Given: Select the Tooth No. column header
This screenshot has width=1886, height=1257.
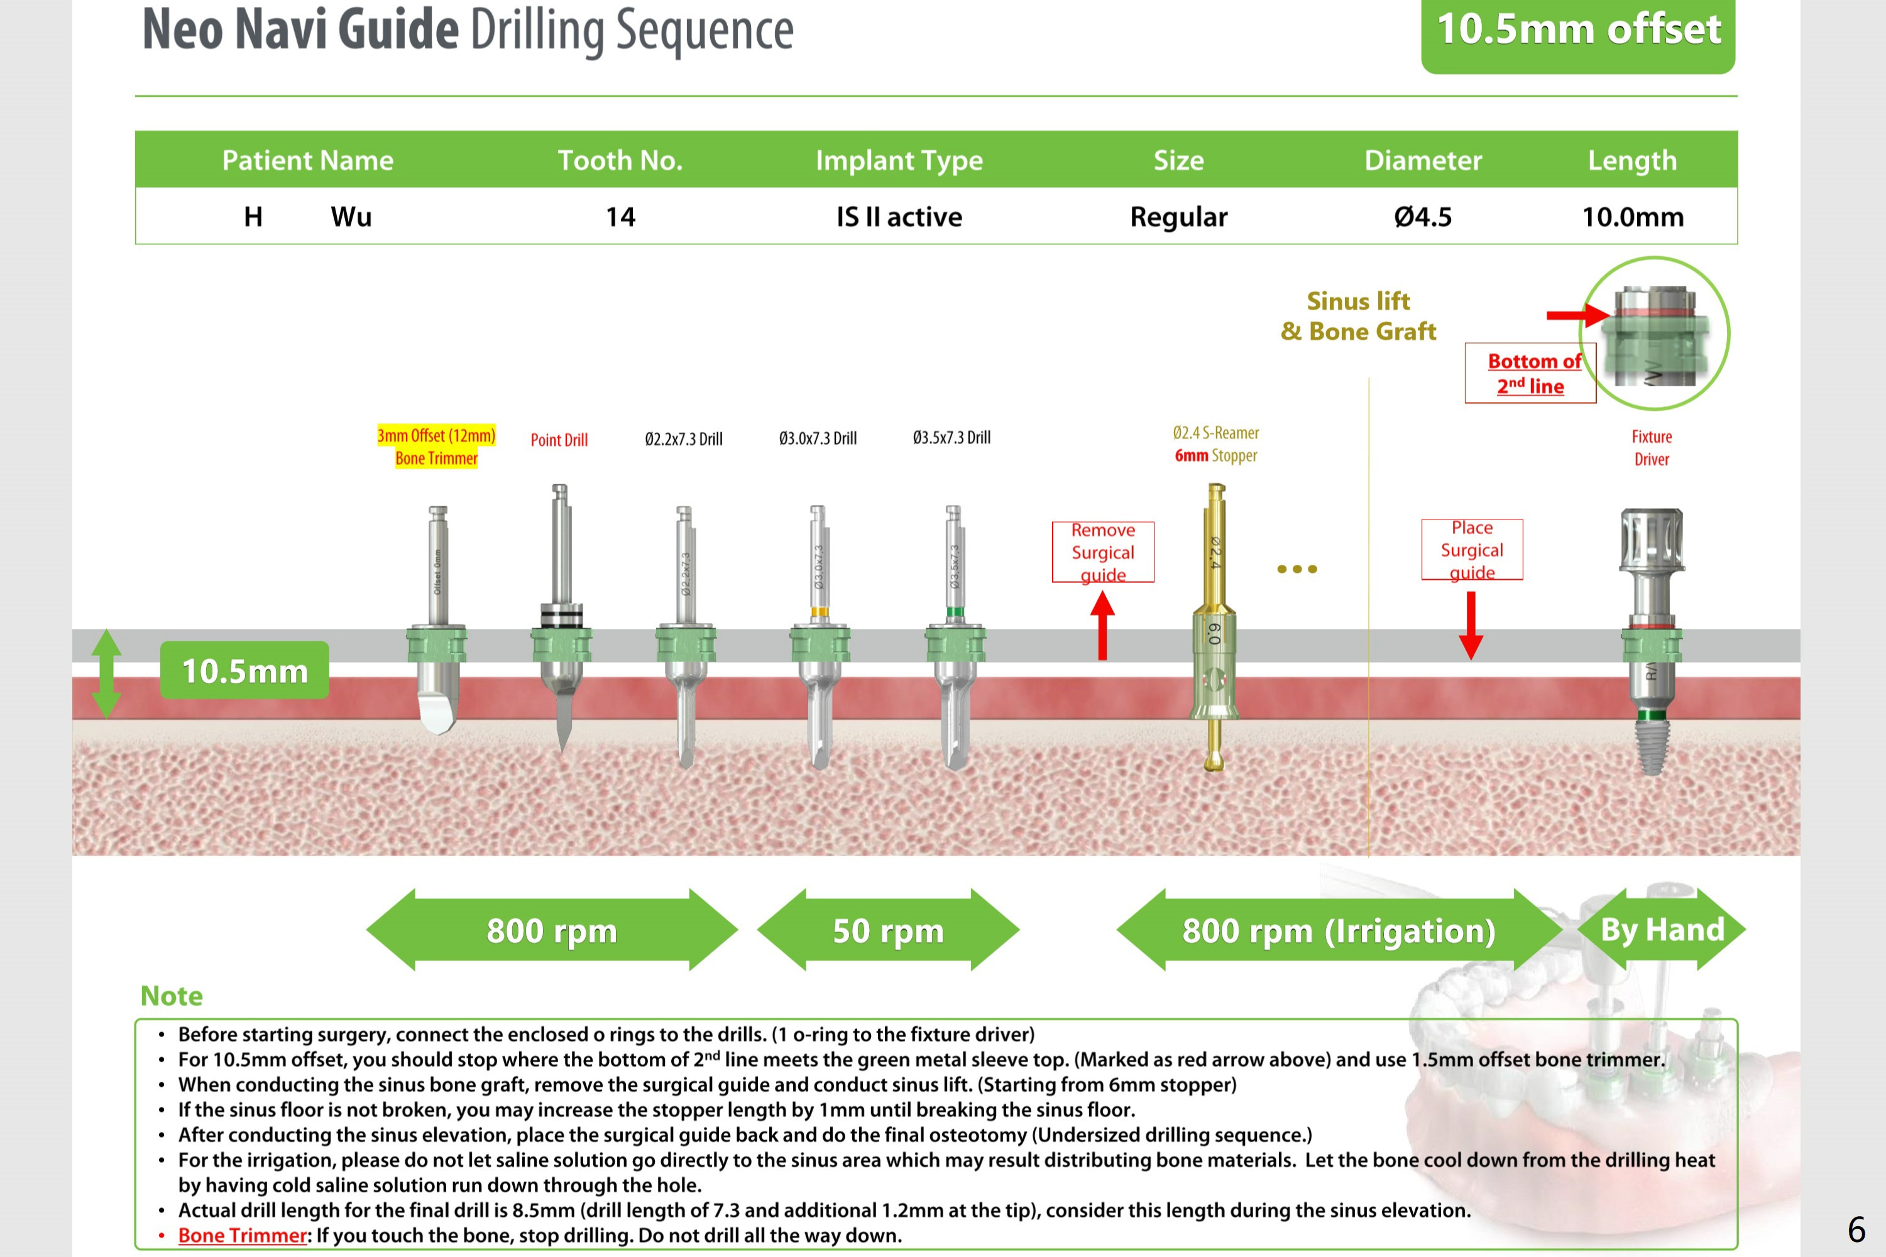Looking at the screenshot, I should [x=620, y=160].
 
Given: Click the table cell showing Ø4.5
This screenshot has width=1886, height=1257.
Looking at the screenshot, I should [x=1423, y=217].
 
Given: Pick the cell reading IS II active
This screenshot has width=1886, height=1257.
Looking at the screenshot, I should [x=899, y=217].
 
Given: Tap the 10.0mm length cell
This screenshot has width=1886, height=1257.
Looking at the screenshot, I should [x=1632, y=217].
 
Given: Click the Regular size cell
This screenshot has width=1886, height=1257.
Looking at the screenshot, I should [x=1178, y=217].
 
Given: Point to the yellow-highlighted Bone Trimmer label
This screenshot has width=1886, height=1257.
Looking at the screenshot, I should [x=436, y=447].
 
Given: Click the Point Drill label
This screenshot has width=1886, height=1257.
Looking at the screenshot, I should [x=559, y=439].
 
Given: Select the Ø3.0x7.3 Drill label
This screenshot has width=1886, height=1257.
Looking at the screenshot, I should [x=817, y=438].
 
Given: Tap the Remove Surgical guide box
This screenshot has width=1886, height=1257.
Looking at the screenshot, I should [x=1102, y=552].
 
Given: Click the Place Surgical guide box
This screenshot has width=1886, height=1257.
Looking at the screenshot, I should [x=1471, y=549].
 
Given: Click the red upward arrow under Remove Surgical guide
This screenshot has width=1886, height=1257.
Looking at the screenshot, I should [x=1102, y=625].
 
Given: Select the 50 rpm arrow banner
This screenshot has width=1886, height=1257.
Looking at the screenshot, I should [x=887, y=930].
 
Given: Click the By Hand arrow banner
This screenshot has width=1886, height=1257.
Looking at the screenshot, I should [x=1662, y=929].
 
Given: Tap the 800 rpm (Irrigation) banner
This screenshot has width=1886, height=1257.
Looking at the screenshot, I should [x=1339, y=930].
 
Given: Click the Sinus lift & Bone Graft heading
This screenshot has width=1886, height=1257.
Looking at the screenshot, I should [x=1357, y=316].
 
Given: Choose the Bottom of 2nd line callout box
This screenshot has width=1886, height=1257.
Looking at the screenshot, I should [x=1530, y=373].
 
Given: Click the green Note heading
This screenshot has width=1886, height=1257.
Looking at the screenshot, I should [x=172, y=996].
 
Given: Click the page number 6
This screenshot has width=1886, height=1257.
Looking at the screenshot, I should [x=1856, y=1229].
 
